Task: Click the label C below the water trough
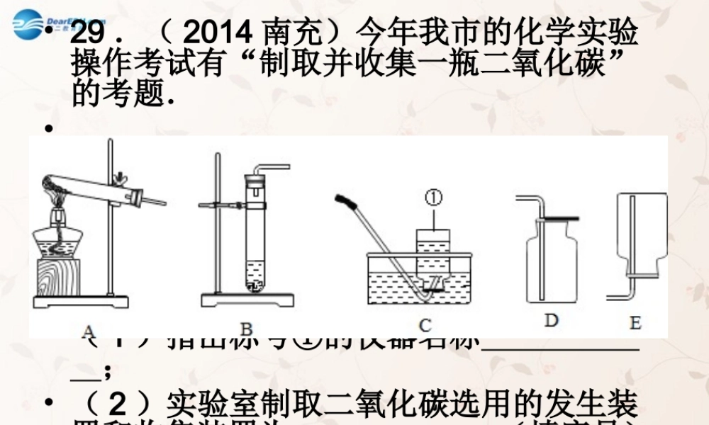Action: (x=425, y=326)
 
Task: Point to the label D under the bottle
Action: (x=551, y=321)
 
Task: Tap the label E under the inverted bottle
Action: (x=635, y=324)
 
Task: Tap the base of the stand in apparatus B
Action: (x=247, y=300)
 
